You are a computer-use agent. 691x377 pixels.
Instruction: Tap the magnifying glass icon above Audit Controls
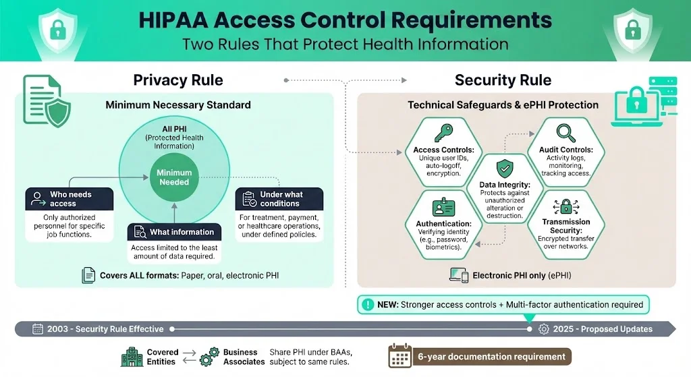click(x=565, y=132)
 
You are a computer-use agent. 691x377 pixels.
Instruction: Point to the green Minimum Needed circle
click(x=174, y=177)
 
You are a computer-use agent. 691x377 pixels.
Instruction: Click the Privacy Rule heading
click(x=178, y=80)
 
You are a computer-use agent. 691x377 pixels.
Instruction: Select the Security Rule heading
click(x=503, y=80)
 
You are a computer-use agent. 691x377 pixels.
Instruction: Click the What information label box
click(x=174, y=232)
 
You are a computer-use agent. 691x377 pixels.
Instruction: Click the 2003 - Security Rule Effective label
click(x=99, y=329)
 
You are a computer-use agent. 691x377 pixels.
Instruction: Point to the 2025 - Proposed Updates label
click(x=596, y=329)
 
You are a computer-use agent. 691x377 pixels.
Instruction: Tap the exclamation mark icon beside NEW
click(x=368, y=305)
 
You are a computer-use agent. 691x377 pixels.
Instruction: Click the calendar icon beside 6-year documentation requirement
click(x=400, y=357)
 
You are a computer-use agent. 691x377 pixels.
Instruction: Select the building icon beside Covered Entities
click(x=132, y=357)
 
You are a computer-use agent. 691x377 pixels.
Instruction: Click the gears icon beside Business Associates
click(x=211, y=357)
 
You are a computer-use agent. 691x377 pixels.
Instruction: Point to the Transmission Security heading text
click(x=565, y=226)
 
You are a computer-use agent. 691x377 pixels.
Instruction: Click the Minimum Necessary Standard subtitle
click(x=178, y=105)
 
